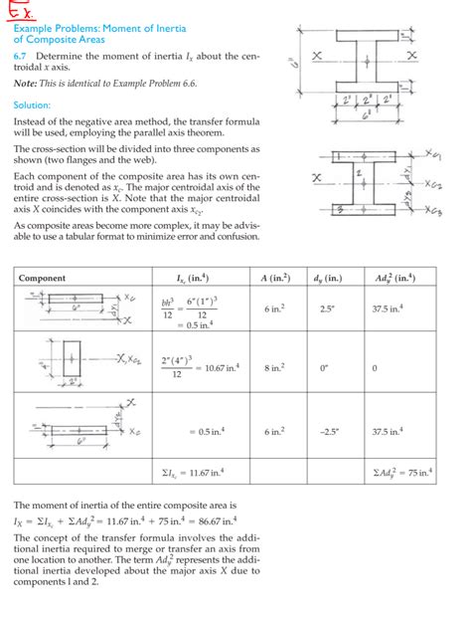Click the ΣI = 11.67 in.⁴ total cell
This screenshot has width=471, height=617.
pos(194,471)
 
